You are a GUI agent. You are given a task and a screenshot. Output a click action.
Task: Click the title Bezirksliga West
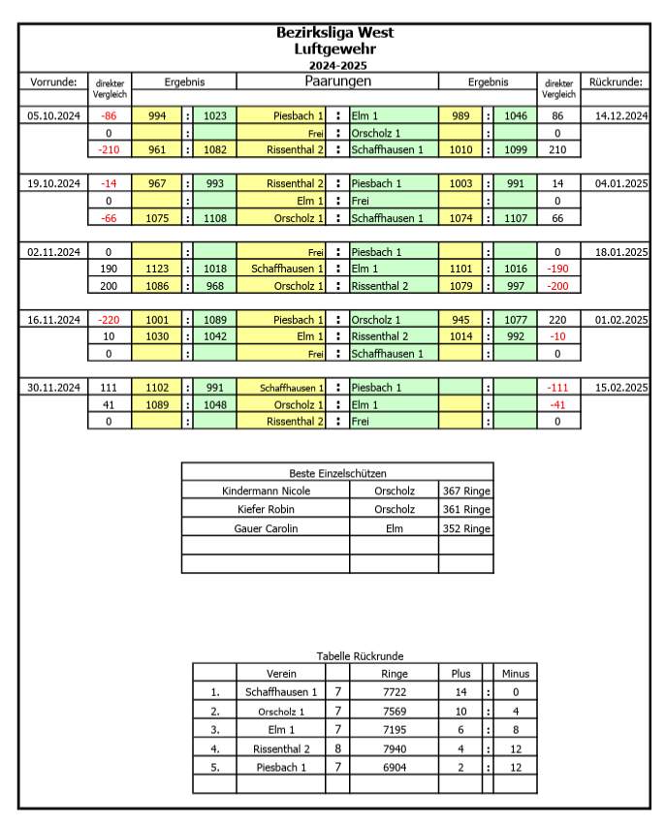(x=334, y=33)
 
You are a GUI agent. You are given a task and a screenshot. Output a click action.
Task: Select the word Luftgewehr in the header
(x=334, y=48)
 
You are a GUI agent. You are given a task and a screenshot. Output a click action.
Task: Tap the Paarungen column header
(x=338, y=81)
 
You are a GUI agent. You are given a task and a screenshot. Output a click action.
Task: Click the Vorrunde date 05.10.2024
(x=53, y=115)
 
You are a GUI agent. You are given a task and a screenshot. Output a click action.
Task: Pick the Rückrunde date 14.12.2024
(x=620, y=115)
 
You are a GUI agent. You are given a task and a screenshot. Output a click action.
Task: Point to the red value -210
(x=109, y=149)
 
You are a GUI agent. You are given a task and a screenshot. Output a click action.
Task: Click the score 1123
(x=156, y=269)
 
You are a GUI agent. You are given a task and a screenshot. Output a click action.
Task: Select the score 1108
(x=215, y=218)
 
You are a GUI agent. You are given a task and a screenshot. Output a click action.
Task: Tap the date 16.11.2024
(x=53, y=319)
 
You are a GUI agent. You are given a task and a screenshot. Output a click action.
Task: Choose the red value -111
(x=557, y=387)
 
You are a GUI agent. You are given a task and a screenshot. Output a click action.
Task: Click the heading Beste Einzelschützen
(x=337, y=473)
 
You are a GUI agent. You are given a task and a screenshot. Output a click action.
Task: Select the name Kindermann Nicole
(x=266, y=491)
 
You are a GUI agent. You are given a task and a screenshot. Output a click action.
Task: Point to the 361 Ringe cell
(x=465, y=509)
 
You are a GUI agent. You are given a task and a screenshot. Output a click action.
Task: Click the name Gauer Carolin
(x=266, y=528)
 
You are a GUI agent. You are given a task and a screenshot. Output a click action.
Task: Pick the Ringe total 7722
(x=395, y=692)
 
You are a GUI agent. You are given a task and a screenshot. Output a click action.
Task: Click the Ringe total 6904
(x=395, y=767)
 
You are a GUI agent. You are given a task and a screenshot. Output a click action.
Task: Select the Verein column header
(x=280, y=673)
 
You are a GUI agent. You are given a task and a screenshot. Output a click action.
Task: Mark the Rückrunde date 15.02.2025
(x=620, y=387)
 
